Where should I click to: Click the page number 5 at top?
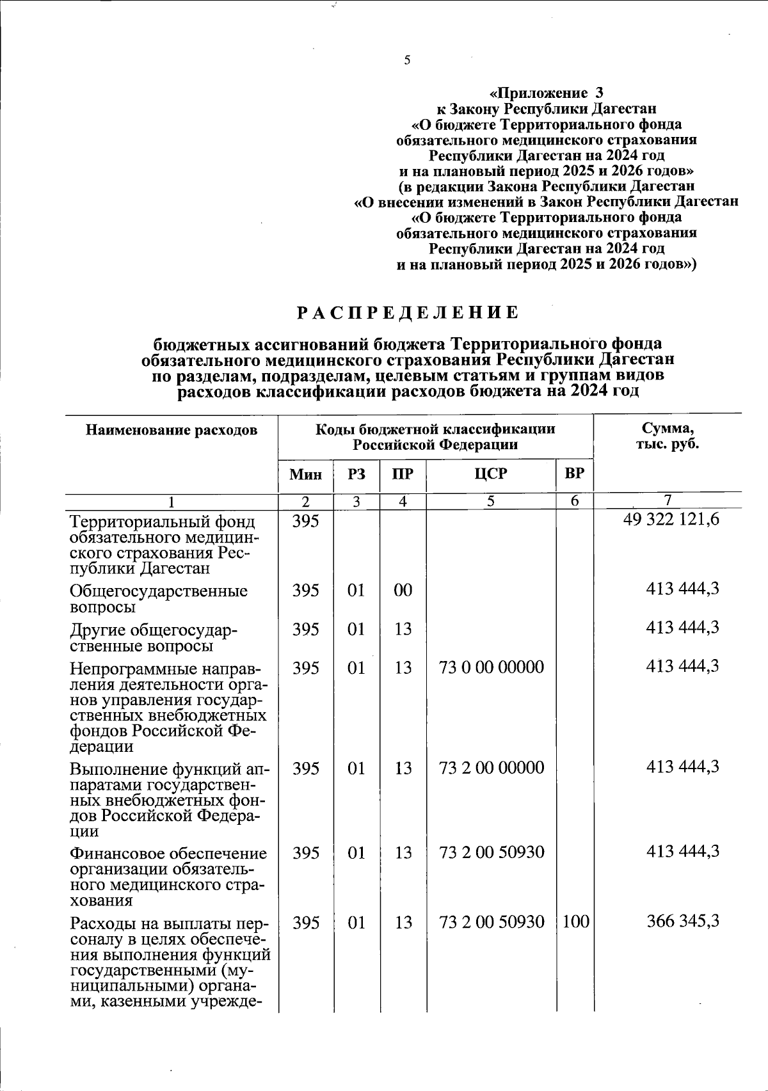(407, 61)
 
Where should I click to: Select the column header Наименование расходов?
(172, 430)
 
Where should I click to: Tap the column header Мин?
(305, 474)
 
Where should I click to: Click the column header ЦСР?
(491, 474)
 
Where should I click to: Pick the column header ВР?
(575, 474)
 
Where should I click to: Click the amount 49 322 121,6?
(671, 520)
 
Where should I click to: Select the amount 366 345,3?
(682, 921)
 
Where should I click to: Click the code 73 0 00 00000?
(492, 667)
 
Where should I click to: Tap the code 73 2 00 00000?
(492, 768)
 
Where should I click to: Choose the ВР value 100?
(575, 922)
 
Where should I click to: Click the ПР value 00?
(403, 590)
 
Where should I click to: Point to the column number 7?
(667, 500)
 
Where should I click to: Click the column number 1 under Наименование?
(172, 502)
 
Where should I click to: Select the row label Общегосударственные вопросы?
(158, 598)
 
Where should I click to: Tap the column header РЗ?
(356, 474)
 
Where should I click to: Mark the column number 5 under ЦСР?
(490, 502)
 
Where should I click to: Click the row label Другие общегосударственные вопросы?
(154, 638)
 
